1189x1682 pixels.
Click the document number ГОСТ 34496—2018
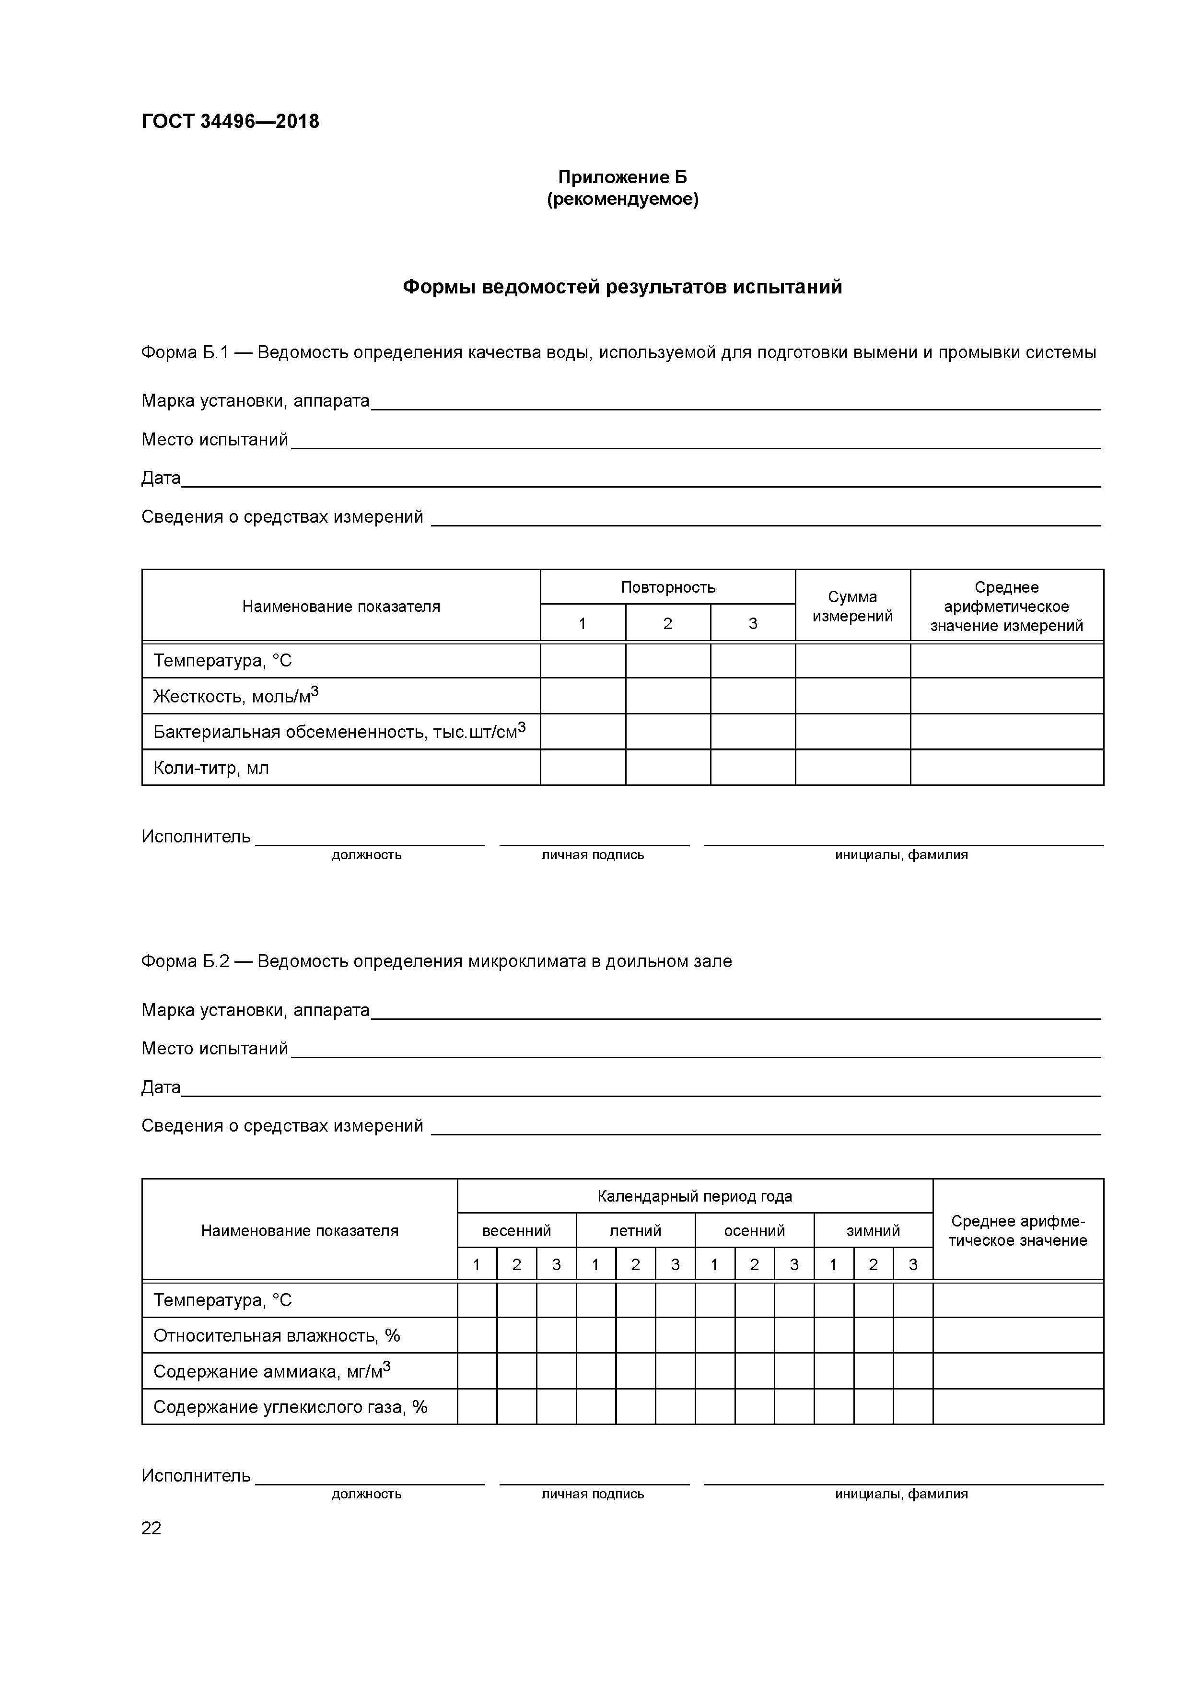[230, 122]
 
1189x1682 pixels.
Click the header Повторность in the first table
[667, 587]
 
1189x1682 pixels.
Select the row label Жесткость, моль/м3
[236, 696]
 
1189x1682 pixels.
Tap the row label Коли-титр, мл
[211, 768]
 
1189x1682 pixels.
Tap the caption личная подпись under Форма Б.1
[593, 855]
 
